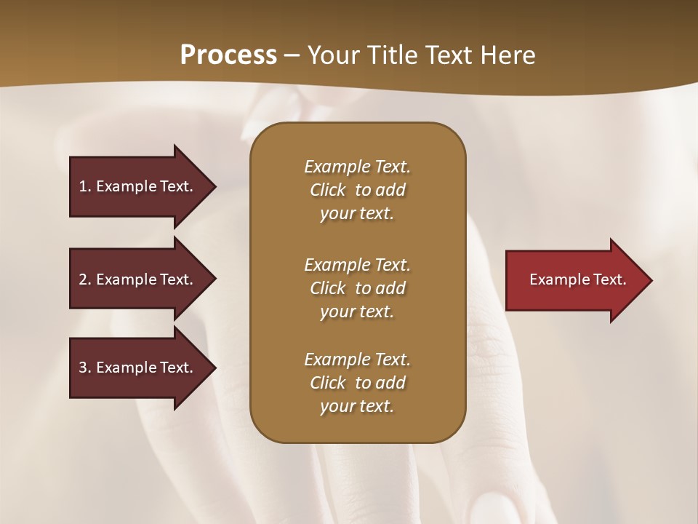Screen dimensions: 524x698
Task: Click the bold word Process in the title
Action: (228, 55)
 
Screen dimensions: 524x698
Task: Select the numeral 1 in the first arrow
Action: (83, 186)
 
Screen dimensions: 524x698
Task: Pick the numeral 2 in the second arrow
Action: (83, 279)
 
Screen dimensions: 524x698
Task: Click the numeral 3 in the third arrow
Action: (83, 368)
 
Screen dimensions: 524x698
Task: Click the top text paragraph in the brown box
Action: (357, 190)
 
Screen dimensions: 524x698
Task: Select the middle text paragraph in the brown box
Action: (357, 288)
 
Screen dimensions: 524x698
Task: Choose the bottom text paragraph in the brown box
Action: (357, 383)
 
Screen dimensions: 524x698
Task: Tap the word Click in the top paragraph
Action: (327, 190)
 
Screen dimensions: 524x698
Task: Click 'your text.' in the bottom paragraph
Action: (357, 406)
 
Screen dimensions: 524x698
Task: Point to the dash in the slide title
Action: (292, 55)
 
